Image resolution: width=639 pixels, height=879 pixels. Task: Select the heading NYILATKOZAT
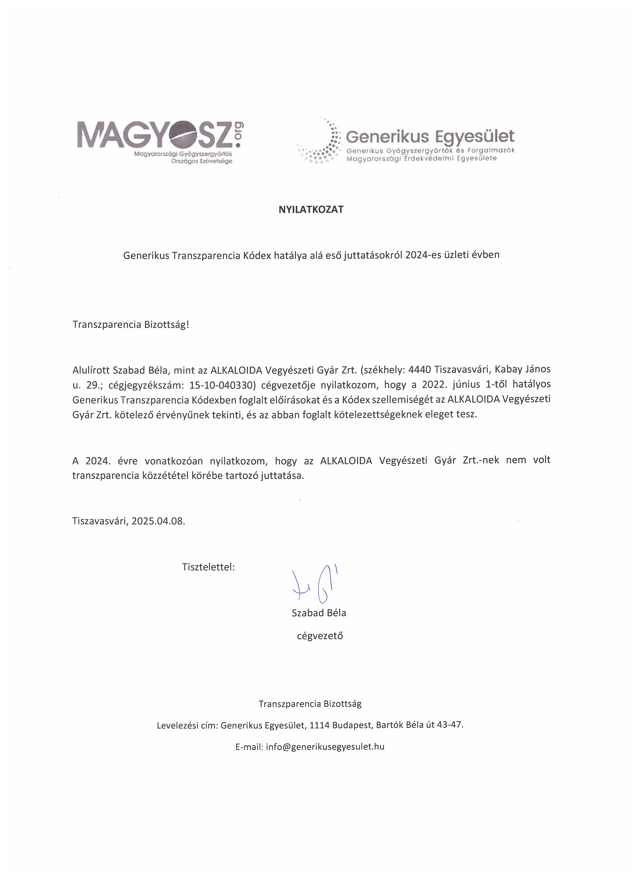tap(311, 210)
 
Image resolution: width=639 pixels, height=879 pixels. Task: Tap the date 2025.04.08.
tap(158, 521)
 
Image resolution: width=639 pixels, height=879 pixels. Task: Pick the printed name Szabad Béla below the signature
tap(319, 613)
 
